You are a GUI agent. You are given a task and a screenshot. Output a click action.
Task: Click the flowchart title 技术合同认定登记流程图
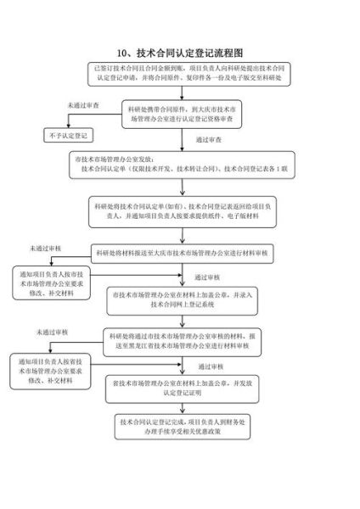tap(186, 53)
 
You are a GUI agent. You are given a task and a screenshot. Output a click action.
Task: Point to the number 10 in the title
tap(124, 53)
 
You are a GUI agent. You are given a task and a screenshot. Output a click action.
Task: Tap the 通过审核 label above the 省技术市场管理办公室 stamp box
tap(210, 366)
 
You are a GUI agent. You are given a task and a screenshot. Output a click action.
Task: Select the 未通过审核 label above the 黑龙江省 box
tap(51, 331)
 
